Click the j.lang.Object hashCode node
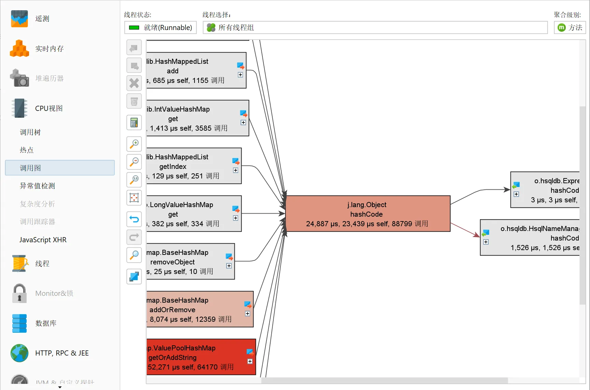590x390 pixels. point(368,214)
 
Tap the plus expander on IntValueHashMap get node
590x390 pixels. point(243,122)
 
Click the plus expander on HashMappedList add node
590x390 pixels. point(241,75)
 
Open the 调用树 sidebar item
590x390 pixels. point(30,132)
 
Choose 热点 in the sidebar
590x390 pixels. point(27,150)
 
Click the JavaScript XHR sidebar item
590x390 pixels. point(43,240)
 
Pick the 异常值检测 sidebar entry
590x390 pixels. point(38,186)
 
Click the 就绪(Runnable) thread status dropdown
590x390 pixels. point(160,28)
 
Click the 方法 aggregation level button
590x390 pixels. point(570,28)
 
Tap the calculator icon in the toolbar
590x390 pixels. point(134,122)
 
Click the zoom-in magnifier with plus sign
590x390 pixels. point(134,144)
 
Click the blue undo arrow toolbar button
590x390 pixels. point(134,219)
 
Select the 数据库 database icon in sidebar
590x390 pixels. point(19,323)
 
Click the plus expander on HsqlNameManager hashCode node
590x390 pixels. point(486,242)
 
